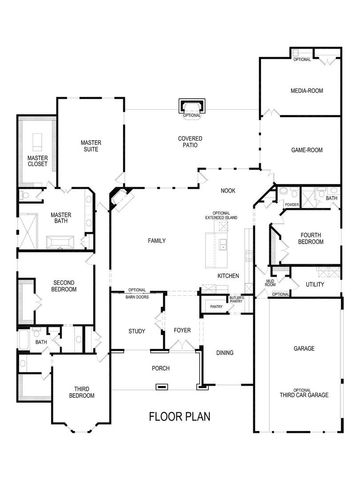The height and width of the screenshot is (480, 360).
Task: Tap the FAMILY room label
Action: [156, 241]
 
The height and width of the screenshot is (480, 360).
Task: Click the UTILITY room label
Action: [315, 284]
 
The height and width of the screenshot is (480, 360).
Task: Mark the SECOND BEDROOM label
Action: [64, 286]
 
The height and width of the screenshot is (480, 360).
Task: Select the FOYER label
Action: [182, 329]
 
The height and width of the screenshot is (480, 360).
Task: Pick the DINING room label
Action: [224, 351]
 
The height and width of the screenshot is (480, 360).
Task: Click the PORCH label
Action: [160, 367]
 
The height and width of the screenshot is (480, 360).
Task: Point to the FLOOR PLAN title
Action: [180, 416]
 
